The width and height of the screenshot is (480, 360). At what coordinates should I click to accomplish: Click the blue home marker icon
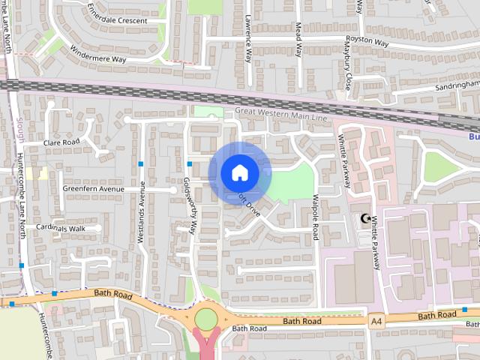(x=239, y=173)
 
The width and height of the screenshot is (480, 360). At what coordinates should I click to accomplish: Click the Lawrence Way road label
(x=247, y=41)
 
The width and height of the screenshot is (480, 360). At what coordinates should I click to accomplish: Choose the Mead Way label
(x=298, y=39)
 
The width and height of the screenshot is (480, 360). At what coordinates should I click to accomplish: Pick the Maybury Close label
(x=348, y=68)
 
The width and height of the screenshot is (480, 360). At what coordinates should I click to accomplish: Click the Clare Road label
(x=61, y=142)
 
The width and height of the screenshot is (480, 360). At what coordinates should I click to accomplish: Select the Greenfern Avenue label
(x=93, y=189)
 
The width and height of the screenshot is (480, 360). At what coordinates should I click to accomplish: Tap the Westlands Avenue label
(x=141, y=212)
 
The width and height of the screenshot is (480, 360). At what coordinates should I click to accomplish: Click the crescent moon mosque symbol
(x=366, y=219)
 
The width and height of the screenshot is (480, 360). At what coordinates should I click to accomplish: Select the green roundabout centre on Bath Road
(x=205, y=319)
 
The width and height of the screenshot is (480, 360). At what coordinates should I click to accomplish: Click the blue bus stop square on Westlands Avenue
(x=140, y=163)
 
